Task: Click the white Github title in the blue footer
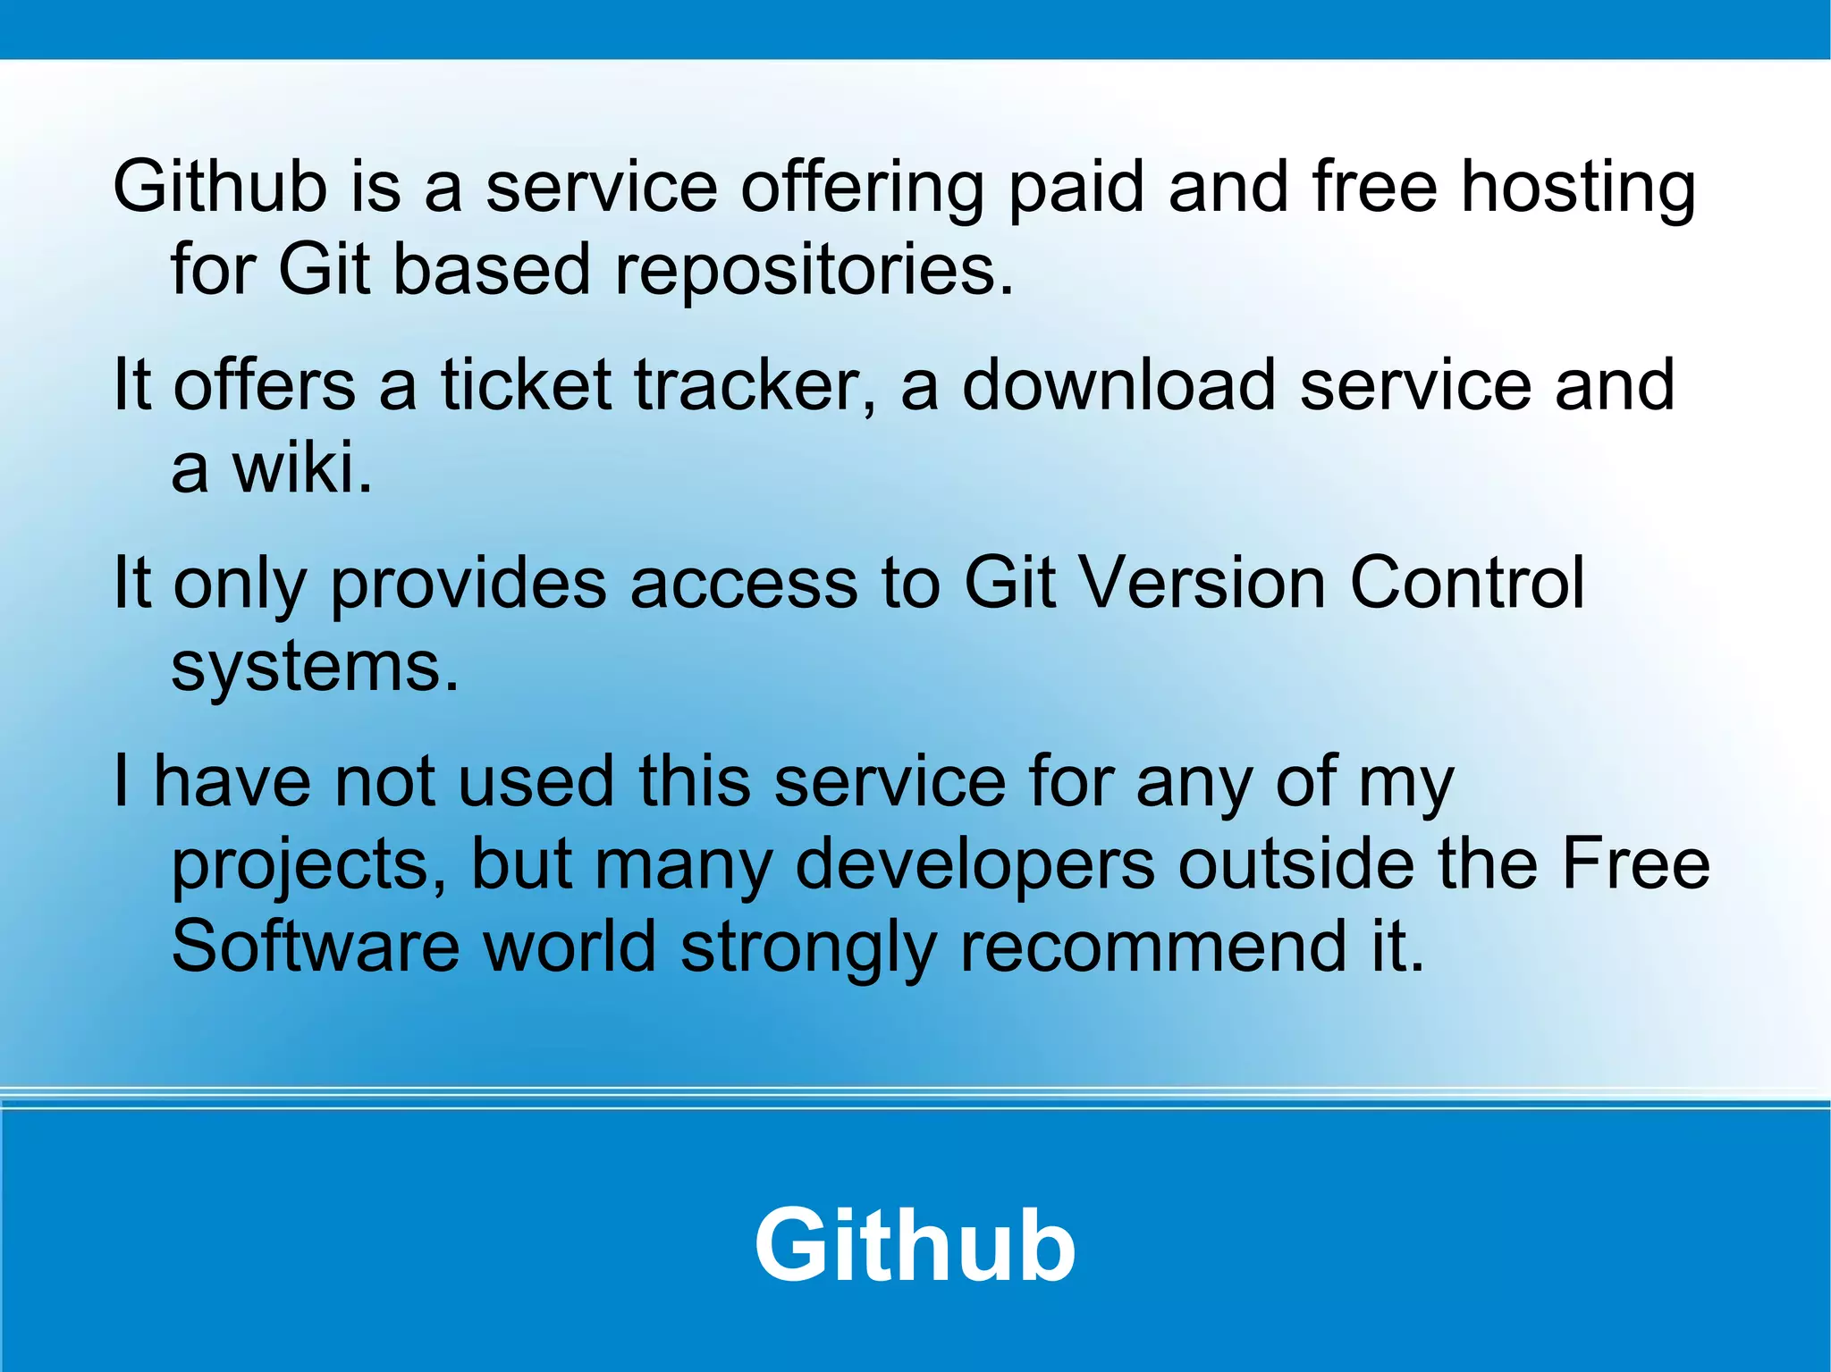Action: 915,1244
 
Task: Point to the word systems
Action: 315,668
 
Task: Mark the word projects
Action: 309,865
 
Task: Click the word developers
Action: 975,865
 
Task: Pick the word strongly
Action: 808,947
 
